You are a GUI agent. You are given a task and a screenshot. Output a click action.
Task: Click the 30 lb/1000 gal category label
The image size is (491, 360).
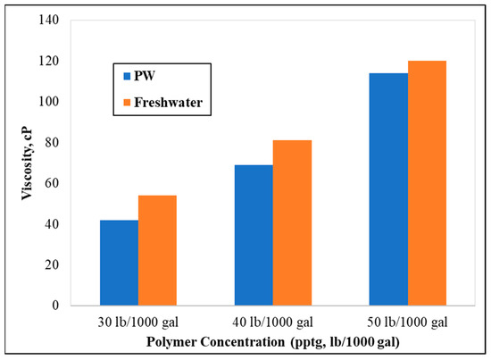coord(138,322)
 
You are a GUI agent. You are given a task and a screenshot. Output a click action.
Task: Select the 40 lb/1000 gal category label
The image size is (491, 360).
coord(273,322)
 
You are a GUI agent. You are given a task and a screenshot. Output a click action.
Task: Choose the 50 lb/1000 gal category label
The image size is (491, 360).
coord(408,322)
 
